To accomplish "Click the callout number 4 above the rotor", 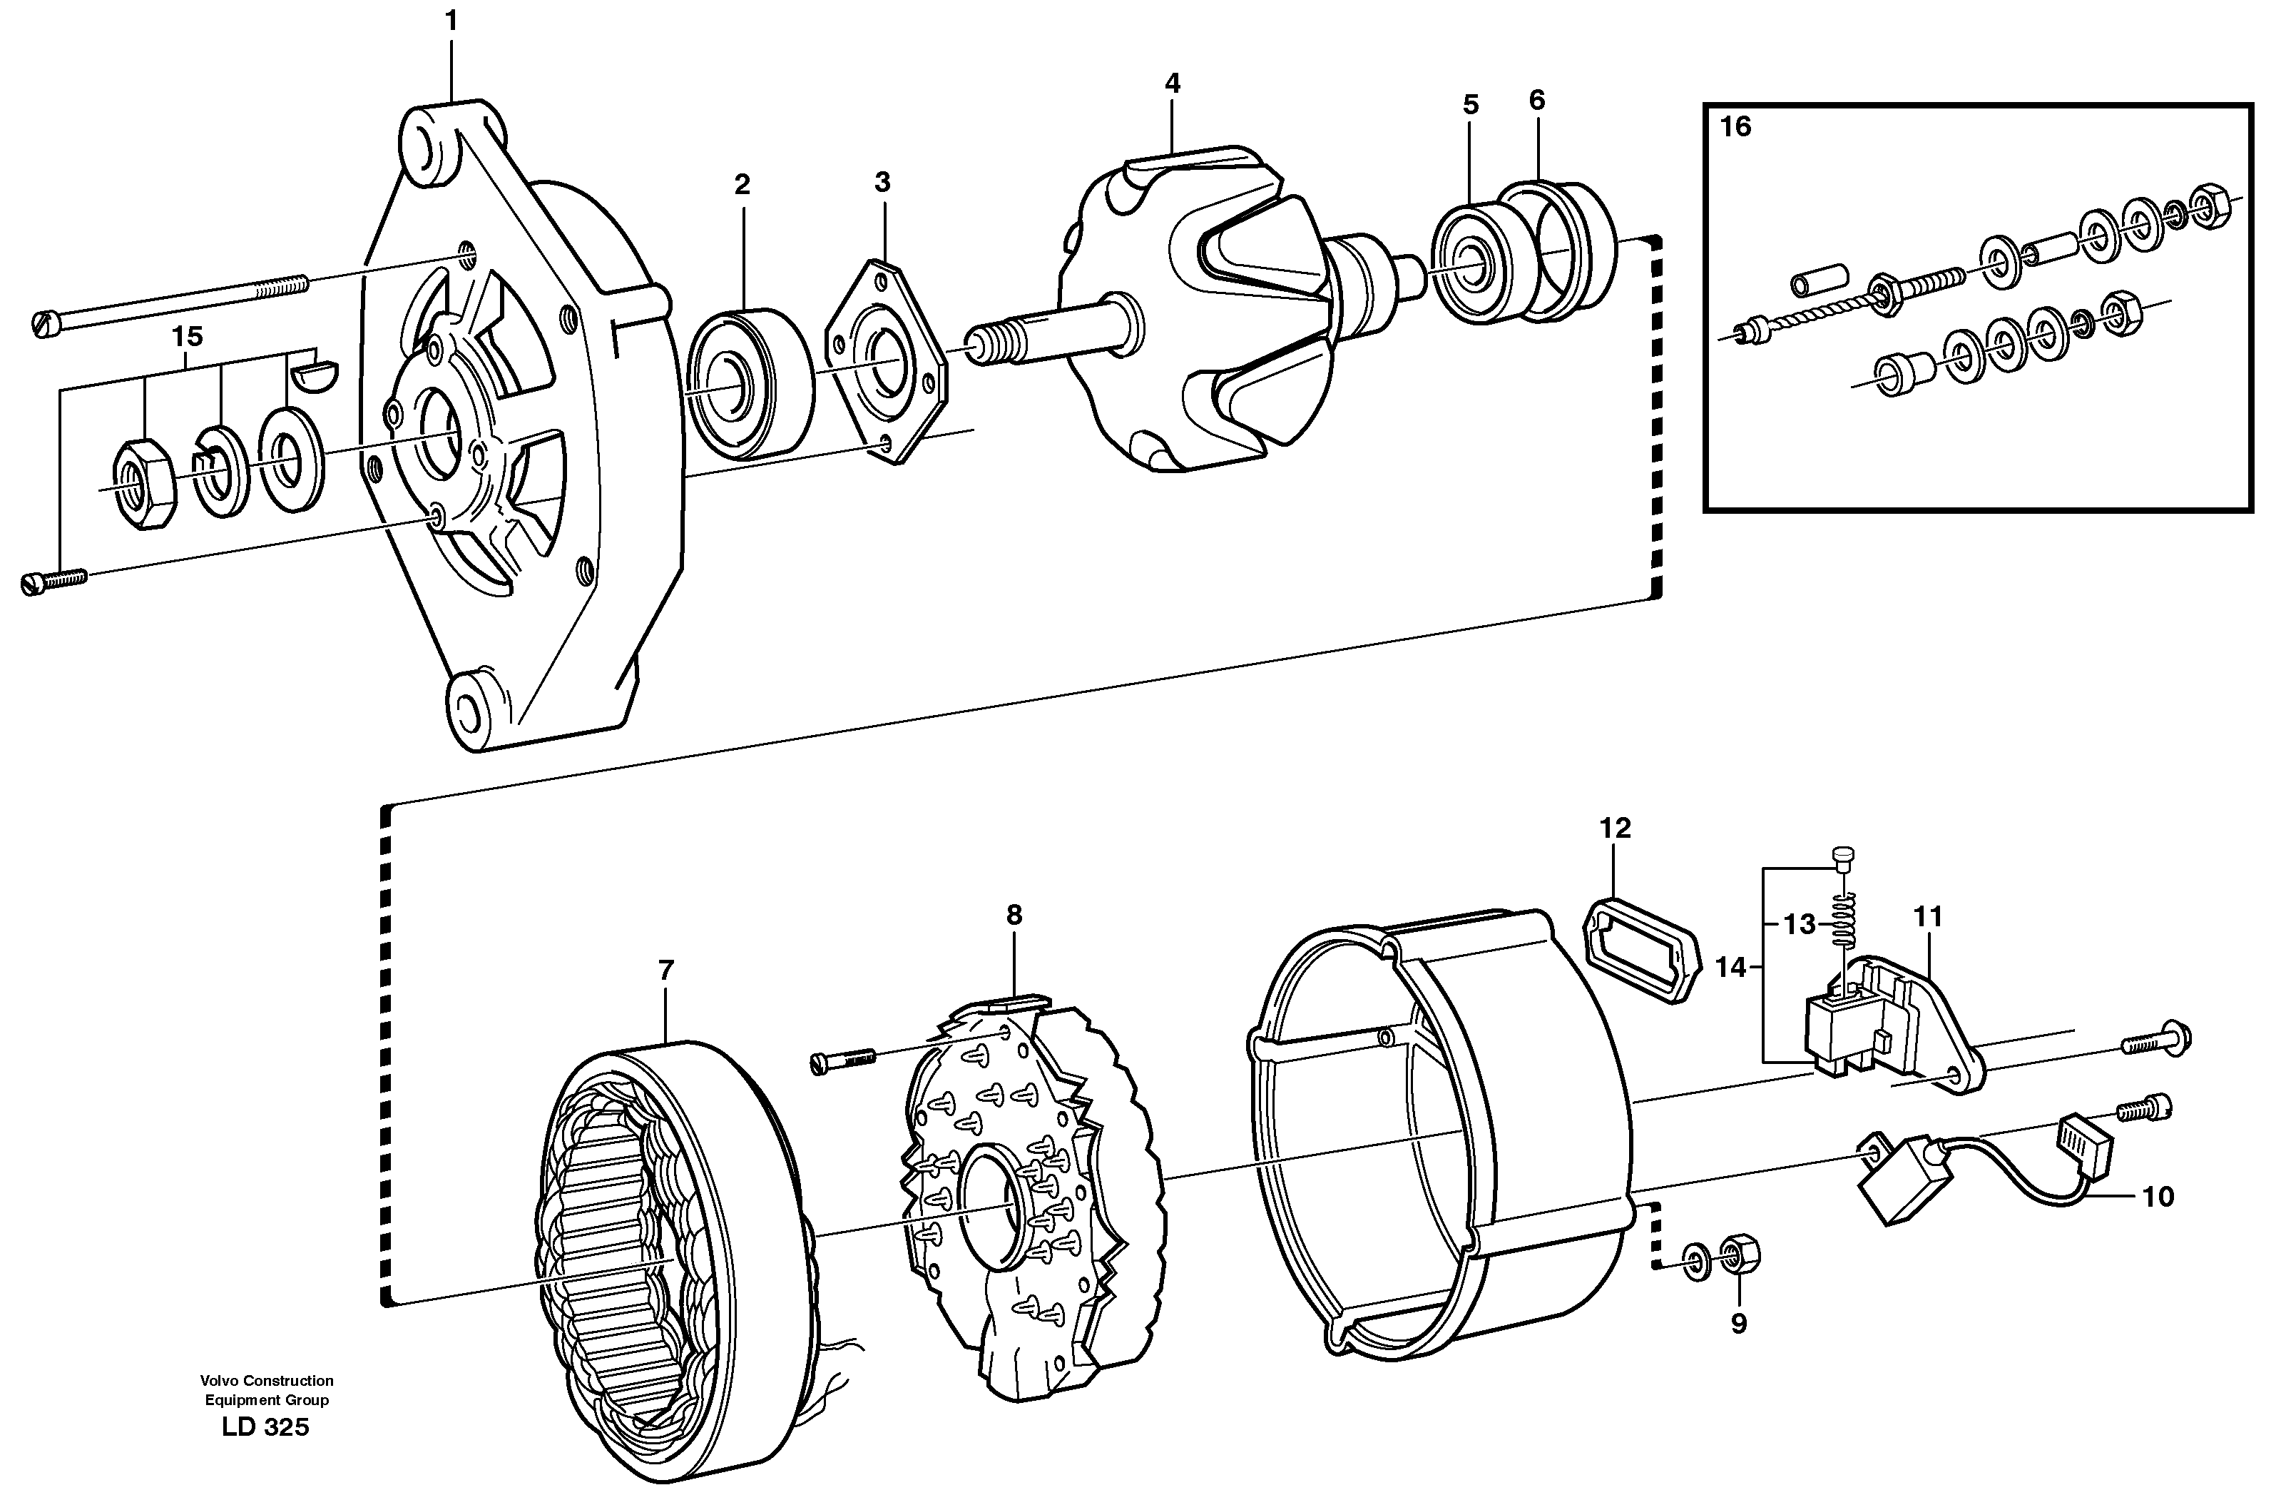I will coord(1173,83).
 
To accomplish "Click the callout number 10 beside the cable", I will coord(2158,1197).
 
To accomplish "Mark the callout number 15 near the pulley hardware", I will coord(188,337).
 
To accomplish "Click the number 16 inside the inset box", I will coord(1735,126).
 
